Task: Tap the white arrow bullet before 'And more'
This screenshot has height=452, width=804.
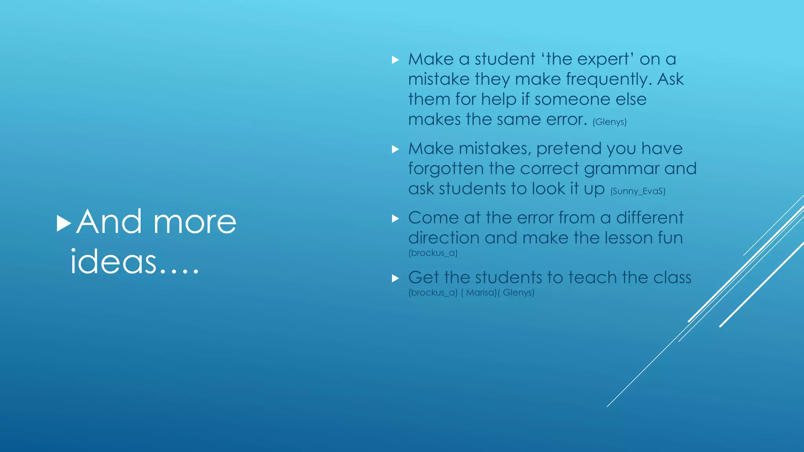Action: (x=64, y=223)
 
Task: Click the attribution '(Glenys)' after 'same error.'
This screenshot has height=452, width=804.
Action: (x=609, y=122)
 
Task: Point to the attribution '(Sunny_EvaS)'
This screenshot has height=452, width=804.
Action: (x=638, y=191)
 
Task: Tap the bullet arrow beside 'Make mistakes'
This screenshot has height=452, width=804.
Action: (x=395, y=149)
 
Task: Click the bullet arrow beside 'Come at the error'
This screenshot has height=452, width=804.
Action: (x=395, y=219)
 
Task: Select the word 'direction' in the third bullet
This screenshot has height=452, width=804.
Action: (x=444, y=238)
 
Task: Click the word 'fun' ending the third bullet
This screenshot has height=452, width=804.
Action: (x=669, y=238)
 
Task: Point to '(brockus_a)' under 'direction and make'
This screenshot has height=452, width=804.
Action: (x=433, y=253)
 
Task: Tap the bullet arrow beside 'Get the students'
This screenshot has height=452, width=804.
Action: (x=395, y=279)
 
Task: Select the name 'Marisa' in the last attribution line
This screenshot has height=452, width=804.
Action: (x=480, y=293)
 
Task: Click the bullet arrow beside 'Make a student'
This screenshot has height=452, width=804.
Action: (x=395, y=60)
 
